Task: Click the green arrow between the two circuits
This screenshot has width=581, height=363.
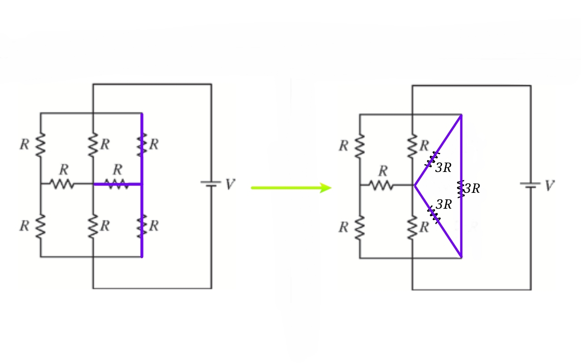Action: point(290,187)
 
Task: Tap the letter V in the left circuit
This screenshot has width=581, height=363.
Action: point(231,185)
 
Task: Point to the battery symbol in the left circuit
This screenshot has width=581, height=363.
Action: point(211,184)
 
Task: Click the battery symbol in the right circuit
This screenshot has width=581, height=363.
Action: point(531,185)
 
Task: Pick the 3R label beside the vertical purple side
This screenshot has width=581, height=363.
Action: point(473,189)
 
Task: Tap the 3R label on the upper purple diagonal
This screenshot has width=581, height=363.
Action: point(443,168)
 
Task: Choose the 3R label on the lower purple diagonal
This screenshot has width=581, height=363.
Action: point(444,205)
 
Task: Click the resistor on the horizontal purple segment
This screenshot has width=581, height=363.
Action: point(117,184)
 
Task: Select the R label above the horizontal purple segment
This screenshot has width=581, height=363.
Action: point(118,170)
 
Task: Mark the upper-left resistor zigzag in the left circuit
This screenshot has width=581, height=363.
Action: point(40,144)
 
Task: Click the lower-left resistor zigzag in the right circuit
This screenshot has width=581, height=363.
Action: point(360,227)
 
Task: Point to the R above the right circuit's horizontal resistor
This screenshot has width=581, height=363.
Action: point(383,171)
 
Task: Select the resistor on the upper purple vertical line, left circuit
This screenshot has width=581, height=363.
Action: point(142,144)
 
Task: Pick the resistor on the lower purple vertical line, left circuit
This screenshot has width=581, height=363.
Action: point(142,226)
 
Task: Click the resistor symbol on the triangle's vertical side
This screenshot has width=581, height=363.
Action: point(461,189)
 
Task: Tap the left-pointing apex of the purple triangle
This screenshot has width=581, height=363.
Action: point(415,185)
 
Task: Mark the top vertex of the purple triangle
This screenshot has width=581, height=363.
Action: point(461,116)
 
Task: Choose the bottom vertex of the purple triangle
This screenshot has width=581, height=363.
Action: point(461,257)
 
